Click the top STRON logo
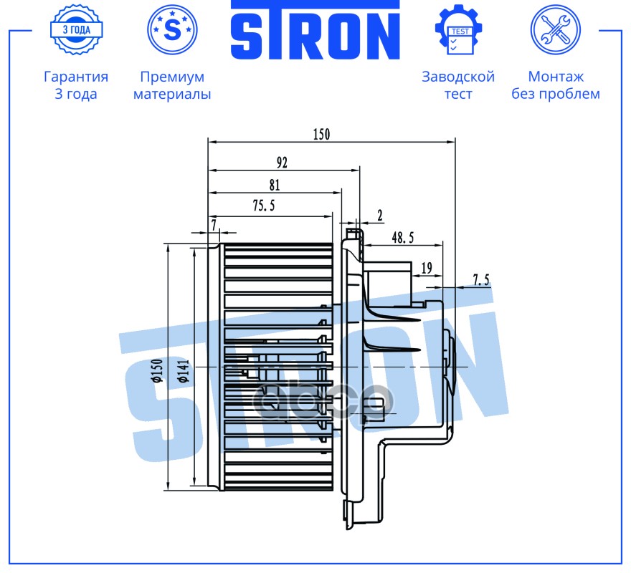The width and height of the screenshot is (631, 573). [x=315, y=30]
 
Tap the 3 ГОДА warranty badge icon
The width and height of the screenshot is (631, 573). [x=77, y=30]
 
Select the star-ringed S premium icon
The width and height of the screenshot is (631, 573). [x=172, y=30]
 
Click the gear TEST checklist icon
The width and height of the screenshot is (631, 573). [x=459, y=30]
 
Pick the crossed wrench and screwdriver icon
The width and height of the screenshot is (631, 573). [x=555, y=30]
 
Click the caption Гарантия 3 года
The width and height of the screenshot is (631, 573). [x=76, y=85]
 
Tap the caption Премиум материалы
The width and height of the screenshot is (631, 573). [x=172, y=85]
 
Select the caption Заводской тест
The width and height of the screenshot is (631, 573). [x=458, y=85]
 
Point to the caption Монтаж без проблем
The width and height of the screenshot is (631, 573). [x=556, y=85]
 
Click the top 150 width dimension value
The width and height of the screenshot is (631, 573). [x=321, y=134]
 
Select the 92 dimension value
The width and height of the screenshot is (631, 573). [x=282, y=163]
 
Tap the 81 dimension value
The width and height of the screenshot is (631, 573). [x=275, y=185]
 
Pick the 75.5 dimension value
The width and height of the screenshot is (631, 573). [x=264, y=206]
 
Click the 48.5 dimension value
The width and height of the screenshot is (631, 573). [x=403, y=238]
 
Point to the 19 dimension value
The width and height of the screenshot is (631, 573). [x=427, y=267]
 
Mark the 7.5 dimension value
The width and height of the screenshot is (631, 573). [x=481, y=279]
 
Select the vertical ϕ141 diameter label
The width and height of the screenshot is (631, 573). [x=183, y=371]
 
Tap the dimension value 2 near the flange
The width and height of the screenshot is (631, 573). [x=380, y=216]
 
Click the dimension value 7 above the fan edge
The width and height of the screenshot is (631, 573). [x=214, y=224]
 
